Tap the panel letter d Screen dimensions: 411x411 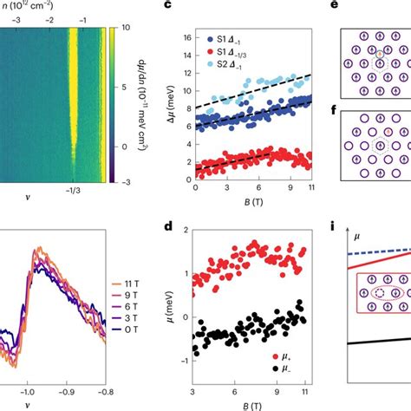pos(180,227)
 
